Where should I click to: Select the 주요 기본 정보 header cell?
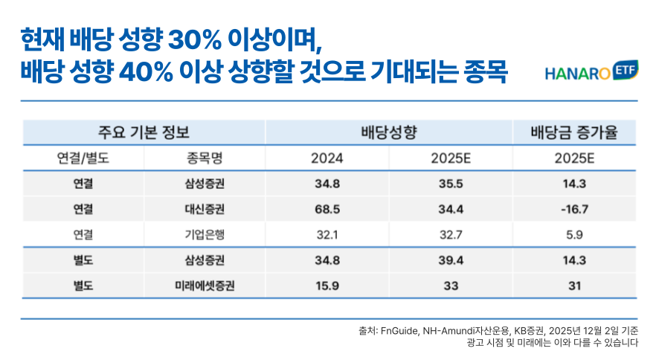coord(144,133)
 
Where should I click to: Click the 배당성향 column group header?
coord(388,133)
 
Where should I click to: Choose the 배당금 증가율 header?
coord(573,133)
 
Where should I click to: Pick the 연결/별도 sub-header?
coord(83,158)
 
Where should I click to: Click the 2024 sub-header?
coord(327,158)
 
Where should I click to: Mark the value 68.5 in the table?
coord(327,209)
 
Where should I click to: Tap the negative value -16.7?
coord(573,209)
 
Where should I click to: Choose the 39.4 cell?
coord(451,260)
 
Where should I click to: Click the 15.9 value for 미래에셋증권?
coord(327,285)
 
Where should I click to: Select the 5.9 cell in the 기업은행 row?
coord(573,234)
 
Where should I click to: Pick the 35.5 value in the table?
coord(451,184)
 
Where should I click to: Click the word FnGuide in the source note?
coord(401,330)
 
